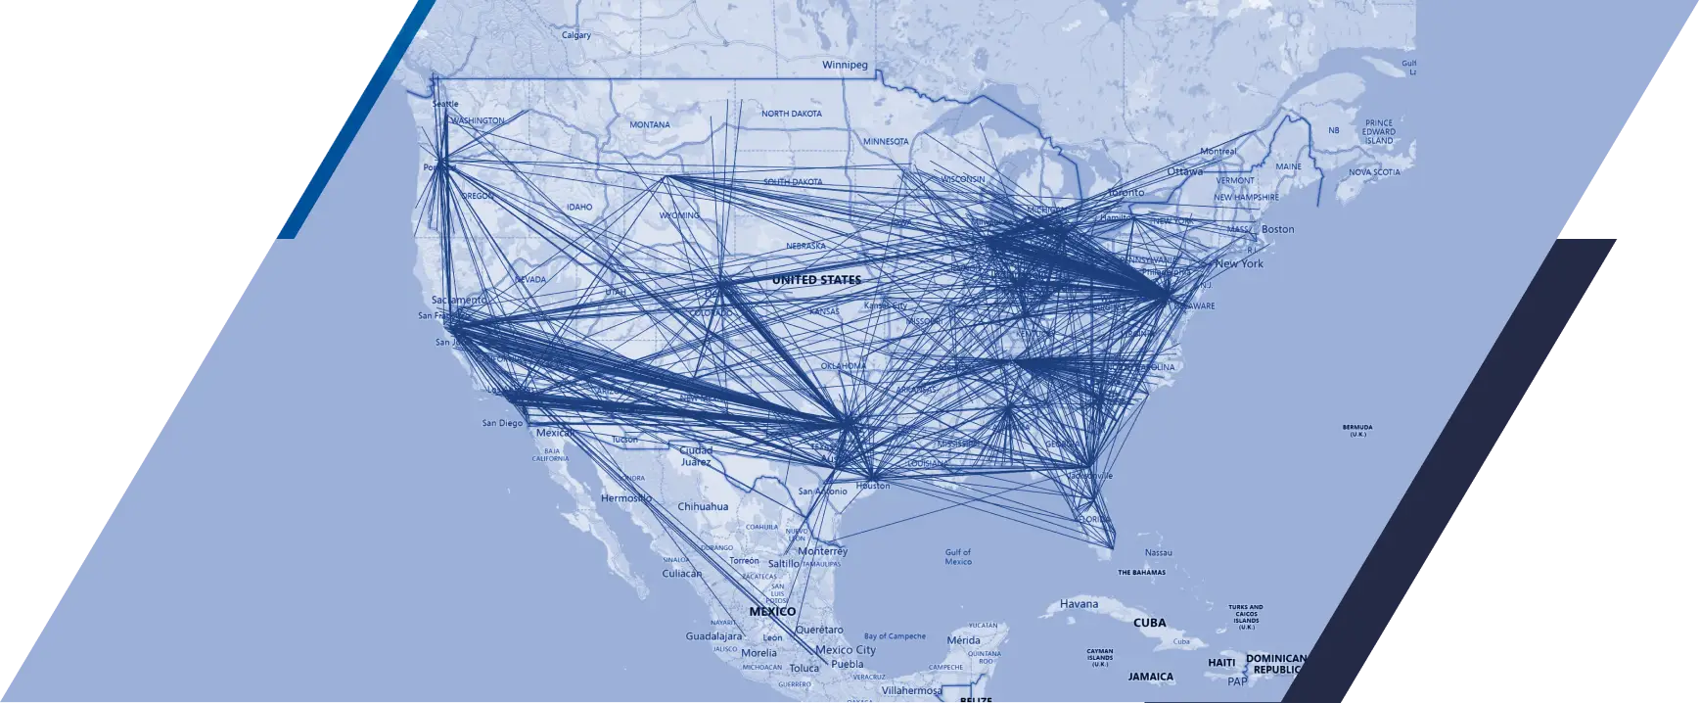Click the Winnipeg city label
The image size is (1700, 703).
pos(845,66)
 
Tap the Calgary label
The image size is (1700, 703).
pos(575,35)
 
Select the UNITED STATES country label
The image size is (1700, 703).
pos(816,280)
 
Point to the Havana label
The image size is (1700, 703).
pos(1079,604)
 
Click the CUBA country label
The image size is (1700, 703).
pos(1149,623)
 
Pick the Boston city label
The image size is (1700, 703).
pos(1277,229)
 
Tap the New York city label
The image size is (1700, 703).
pos(1239,264)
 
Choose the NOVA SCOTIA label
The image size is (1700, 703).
pos(1374,172)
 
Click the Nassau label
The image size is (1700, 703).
pos(1158,553)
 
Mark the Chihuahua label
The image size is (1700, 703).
pos(703,507)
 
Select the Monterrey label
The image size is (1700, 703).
pos(822,551)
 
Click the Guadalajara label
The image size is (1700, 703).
pos(714,636)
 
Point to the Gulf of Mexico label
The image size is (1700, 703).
pos(958,557)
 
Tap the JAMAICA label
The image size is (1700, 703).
pos(1150,677)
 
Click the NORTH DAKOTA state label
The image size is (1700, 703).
pos(792,114)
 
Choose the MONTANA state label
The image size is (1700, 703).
pos(650,125)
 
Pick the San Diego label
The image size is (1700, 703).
pos(502,424)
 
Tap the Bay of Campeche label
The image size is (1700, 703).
pos(895,636)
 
